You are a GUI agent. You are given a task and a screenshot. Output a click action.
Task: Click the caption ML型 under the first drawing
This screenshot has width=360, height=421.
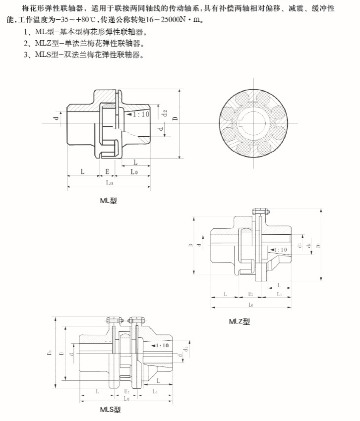108,201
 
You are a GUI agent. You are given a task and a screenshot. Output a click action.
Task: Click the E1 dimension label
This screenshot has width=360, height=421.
251,294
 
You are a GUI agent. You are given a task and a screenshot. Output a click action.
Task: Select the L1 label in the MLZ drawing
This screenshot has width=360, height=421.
279,294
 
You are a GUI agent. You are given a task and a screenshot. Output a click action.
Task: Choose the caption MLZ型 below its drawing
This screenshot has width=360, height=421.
240,321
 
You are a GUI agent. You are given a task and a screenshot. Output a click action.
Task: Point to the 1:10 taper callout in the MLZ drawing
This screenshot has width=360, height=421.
280,250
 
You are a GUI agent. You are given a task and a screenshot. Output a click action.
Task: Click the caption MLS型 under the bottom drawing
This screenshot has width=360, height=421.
110,410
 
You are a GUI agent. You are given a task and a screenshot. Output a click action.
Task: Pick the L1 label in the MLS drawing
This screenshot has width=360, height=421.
155,391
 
